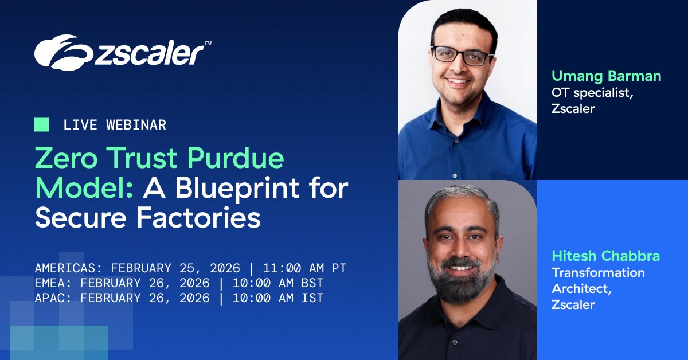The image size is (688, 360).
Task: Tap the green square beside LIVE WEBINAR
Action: click(x=41, y=124)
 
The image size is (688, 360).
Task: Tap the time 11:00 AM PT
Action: click(x=305, y=268)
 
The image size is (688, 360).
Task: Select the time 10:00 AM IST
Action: click(x=282, y=298)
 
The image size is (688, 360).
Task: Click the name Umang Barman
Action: click(x=606, y=76)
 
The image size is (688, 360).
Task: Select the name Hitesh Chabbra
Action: click(x=605, y=256)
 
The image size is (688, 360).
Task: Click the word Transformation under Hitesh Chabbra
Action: click(x=598, y=272)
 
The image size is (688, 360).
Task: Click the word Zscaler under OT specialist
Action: click(x=573, y=109)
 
